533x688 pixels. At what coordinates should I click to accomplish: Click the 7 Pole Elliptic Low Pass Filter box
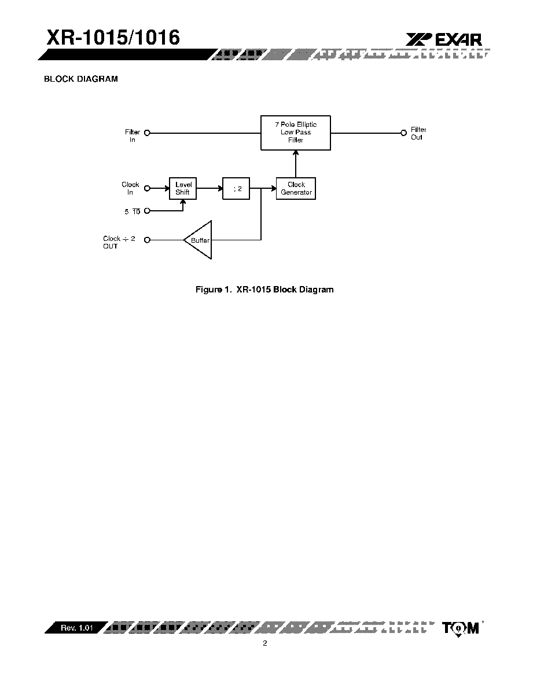coord(295,133)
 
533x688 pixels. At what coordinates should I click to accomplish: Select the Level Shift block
coord(183,189)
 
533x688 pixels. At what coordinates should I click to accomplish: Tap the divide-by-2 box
coord(236,189)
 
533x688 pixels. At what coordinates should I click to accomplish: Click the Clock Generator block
coord(296,189)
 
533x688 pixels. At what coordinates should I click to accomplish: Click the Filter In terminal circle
coord(147,133)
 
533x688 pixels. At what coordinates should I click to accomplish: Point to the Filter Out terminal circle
coord(404,133)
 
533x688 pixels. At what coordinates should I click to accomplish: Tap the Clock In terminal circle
coord(147,188)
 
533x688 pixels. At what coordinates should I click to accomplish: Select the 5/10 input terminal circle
coord(147,211)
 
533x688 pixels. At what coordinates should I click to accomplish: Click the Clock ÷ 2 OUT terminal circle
coord(147,240)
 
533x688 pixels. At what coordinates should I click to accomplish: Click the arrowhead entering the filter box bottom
coord(295,153)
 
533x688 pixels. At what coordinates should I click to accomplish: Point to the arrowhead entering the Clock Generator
coord(273,189)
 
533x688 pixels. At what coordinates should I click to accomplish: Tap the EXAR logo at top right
coord(443,39)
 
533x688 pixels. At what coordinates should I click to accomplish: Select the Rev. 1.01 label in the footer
coord(77,628)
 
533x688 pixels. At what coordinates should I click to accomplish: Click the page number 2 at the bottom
coord(264,643)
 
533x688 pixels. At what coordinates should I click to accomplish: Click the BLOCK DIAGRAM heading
coord(81,79)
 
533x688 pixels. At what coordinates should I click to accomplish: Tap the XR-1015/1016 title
coord(113,37)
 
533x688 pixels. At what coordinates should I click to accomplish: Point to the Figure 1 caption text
coord(264,290)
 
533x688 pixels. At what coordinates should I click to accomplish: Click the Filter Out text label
coord(418,133)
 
